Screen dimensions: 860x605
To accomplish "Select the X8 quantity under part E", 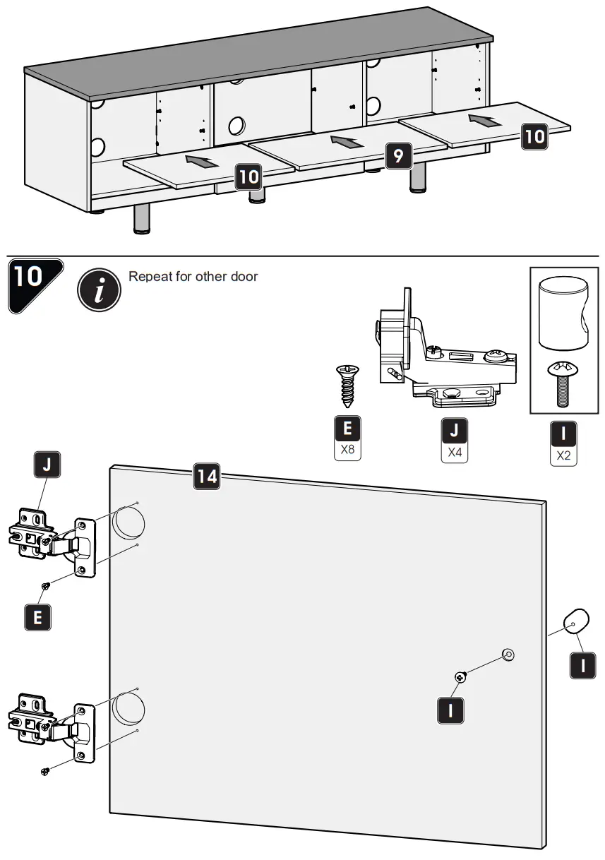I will tap(347, 448).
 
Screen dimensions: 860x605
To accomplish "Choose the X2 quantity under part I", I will tap(563, 455).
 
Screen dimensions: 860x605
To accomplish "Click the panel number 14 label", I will tap(207, 477).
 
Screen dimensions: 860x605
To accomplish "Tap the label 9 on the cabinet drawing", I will tap(399, 155).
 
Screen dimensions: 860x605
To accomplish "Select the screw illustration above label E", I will tap(347, 386).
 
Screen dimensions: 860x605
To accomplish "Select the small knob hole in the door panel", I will tap(507, 654).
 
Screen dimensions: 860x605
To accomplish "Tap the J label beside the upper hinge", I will tap(47, 465).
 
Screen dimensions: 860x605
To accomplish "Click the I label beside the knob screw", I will tap(450, 709).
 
